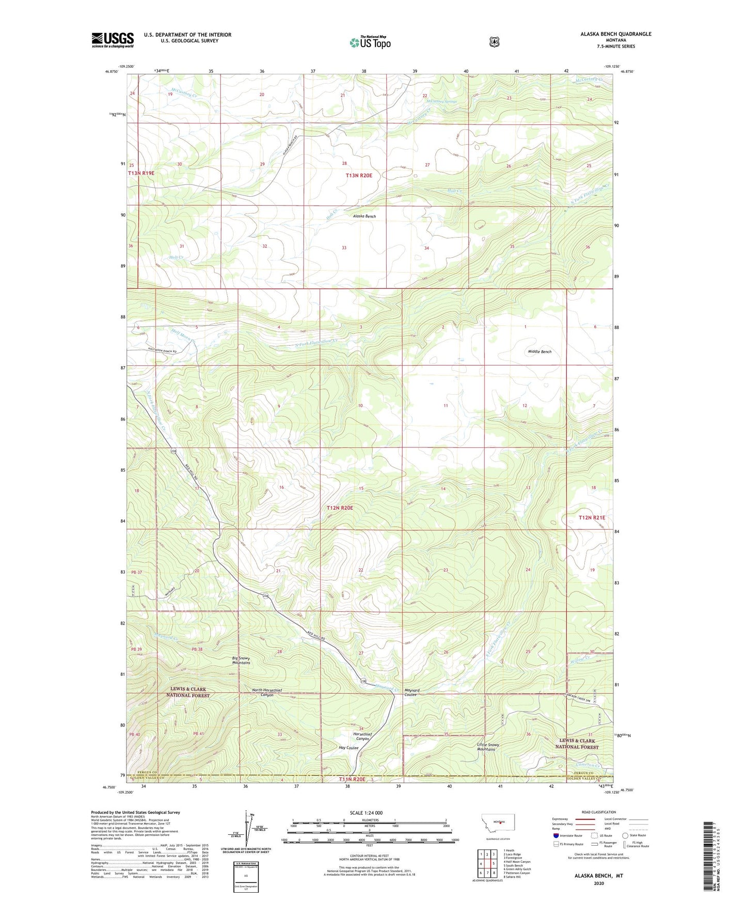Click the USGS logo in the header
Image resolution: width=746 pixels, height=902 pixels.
coord(113,40)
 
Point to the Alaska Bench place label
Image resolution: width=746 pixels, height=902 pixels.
coord(364,216)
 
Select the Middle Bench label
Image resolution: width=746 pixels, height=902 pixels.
coord(539,352)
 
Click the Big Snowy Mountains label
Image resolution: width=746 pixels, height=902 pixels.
coord(241,660)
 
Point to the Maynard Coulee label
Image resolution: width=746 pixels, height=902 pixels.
coord(412,692)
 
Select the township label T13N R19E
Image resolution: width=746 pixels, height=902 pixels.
coord(141,173)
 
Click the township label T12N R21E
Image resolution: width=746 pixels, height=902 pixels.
coord(592,517)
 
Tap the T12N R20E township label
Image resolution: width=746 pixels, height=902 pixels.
coord(340,508)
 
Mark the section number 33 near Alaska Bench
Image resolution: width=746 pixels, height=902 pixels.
coord(344,248)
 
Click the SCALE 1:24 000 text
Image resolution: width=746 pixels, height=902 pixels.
coord(366,813)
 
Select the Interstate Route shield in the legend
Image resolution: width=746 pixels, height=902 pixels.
coord(555,835)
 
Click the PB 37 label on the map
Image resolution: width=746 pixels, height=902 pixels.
coord(136,572)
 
